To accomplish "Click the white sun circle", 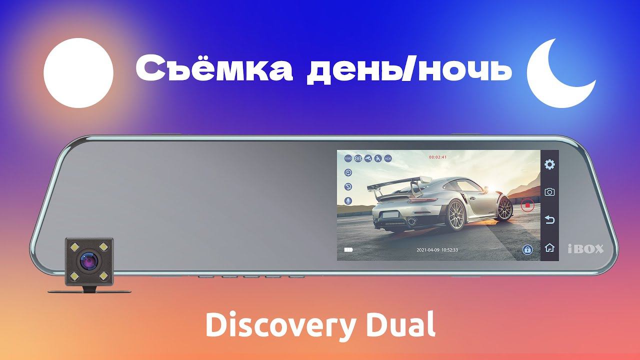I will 78,73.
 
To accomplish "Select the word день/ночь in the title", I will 409,70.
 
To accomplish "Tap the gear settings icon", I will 549,164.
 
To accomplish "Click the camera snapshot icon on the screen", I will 549,192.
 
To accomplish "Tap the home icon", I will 549,247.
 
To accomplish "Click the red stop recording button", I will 527,205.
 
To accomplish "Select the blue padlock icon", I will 527,249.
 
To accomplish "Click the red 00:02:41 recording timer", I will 437,157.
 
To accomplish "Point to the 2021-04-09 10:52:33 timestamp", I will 437,250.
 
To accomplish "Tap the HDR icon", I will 388,159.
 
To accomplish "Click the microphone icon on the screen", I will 348,200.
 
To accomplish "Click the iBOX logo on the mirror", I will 586,248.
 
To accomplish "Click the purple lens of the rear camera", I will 87,260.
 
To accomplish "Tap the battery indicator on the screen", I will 348,249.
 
